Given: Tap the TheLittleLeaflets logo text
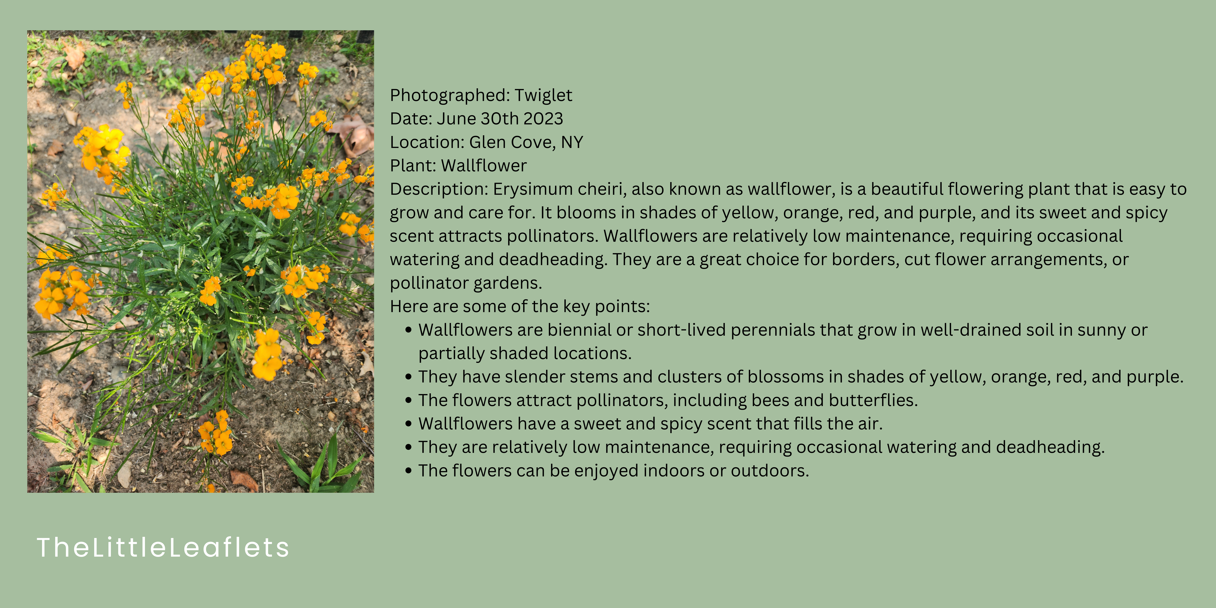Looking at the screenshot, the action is point(163,548).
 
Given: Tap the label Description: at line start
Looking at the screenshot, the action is point(439,189).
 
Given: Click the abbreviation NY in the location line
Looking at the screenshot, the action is point(572,142).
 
